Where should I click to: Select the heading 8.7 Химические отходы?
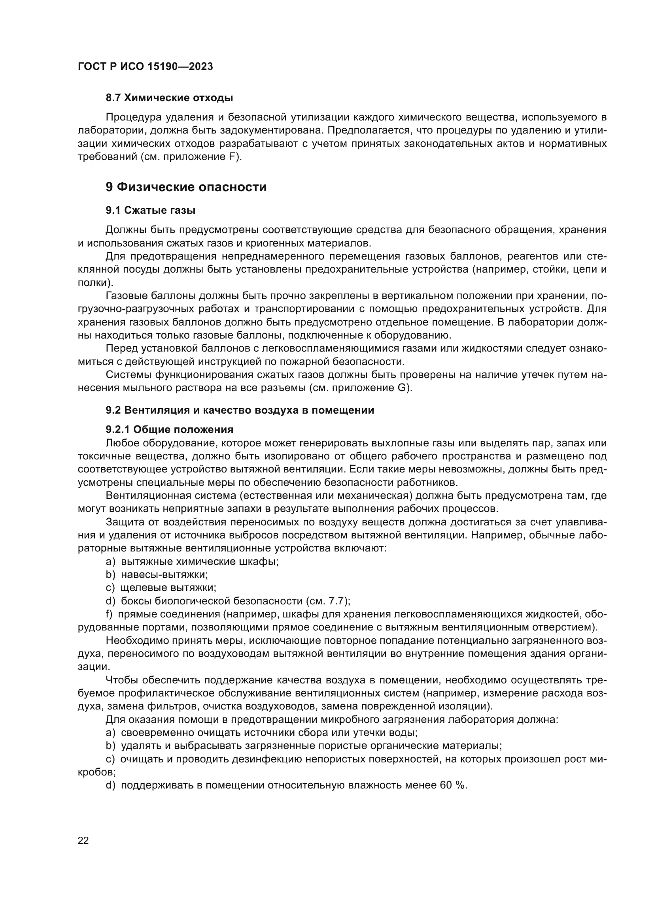(x=169, y=98)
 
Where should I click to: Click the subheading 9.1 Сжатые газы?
(x=150, y=210)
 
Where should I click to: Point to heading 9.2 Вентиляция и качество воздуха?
(x=240, y=410)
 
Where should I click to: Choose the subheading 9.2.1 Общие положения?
(x=170, y=429)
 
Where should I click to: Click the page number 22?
(x=83, y=840)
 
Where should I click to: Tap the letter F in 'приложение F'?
(x=232, y=157)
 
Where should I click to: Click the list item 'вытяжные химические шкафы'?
(x=200, y=561)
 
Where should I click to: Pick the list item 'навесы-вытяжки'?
(x=164, y=575)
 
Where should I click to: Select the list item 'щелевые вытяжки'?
(x=168, y=588)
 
